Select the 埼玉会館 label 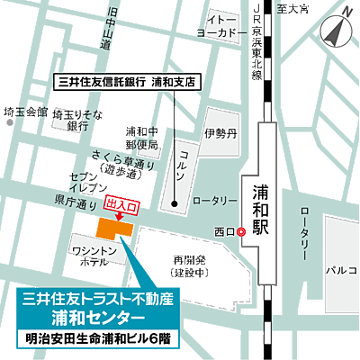tap(24, 112)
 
